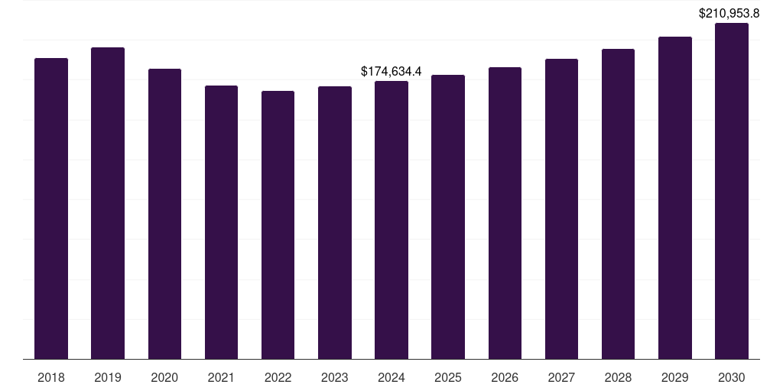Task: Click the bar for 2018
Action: [51, 208]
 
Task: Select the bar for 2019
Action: [108, 202]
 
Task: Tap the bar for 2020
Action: [164, 213]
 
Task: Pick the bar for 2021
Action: [221, 221]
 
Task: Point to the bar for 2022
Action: [278, 225]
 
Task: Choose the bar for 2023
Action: [335, 222]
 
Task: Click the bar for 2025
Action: [448, 216]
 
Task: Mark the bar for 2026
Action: [505, 212]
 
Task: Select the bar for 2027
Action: [561, 208]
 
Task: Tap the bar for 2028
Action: [618, 203]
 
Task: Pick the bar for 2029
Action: [675, 197]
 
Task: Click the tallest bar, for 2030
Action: [732, 191]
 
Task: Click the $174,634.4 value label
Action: [391, 71]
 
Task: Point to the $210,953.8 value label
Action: [729, 13]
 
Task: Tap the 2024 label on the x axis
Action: [391, 377]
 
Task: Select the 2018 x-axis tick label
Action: [51, 377]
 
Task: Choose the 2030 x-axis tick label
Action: [732, 377]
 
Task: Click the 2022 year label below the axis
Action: [278, 377]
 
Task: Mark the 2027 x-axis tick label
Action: [561, 377]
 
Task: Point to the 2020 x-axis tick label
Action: [164, 377]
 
